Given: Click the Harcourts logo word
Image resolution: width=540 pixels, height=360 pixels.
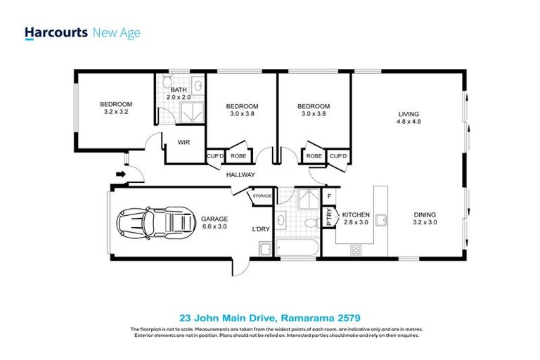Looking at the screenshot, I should pyautogui.click(x=56, y=32).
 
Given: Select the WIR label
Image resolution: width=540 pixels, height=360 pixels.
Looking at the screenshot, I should pyautogui.click(x=184, y=142).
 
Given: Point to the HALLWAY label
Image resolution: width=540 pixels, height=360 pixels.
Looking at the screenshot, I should pyautogui.click(x=240, y=174).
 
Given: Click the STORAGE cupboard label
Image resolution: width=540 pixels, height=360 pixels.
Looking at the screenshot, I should pyautogui.click(x=262, y=196).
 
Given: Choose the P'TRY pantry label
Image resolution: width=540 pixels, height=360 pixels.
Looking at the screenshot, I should pyautogui.click(x=328, y=217).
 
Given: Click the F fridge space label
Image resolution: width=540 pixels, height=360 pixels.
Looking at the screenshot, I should pyautogui.click(x=329, y=196).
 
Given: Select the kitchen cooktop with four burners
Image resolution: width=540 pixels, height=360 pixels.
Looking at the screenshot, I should pyautogui.click(x=356, y=248).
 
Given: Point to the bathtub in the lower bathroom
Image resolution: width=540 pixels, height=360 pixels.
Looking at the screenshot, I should pyautogui.click(x=295, y=248).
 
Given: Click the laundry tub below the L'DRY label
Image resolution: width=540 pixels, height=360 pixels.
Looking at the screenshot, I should pyautogui.click(x=265, y=249).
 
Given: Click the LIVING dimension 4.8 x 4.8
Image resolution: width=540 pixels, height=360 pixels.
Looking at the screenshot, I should pyautogui.click(x=409, y=122).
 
